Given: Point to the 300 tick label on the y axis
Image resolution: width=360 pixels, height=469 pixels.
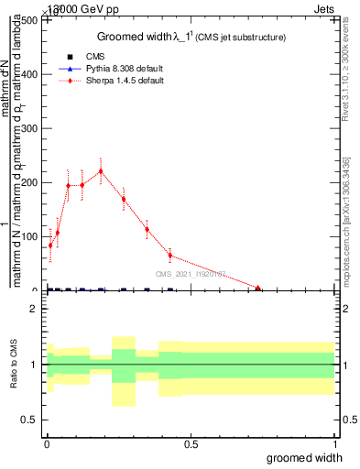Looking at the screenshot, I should pyautogui.click(x=27, y=129).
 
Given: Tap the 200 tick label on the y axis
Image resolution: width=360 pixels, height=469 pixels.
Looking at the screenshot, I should pyautogui.click(x=27, y=183).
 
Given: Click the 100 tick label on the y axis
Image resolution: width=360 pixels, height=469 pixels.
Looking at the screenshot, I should pyautogui.click(x=27, y=237).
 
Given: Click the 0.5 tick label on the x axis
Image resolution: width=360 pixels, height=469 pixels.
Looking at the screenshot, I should pyautogui.click(x=191, y=443).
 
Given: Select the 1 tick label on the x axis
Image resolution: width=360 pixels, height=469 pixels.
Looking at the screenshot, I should pyautogui.click(x=335, y=443).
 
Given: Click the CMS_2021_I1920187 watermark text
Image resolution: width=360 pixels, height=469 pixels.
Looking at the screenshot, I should pyautogui.click(x=190, y=274).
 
